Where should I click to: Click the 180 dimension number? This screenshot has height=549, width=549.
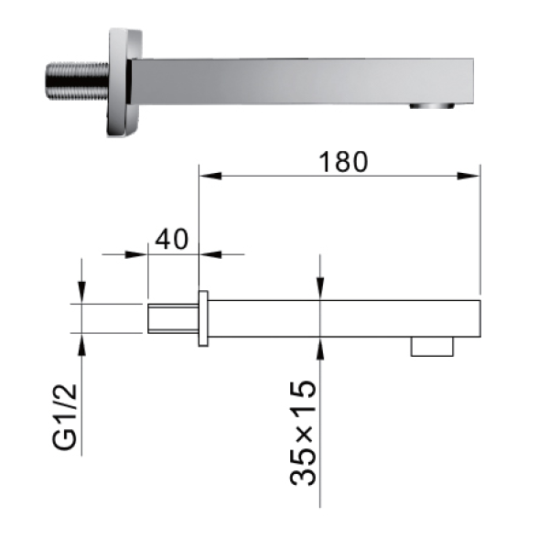[343, 162]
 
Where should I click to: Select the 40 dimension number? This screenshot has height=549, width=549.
[172, 239]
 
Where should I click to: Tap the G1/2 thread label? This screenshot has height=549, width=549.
[65, 416]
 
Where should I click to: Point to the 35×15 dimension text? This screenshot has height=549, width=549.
[303, 433]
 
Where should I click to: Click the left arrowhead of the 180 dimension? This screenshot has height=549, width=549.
[210, 176]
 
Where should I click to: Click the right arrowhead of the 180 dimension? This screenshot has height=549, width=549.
[468, 176]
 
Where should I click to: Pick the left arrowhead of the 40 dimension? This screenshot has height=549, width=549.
[136, 254]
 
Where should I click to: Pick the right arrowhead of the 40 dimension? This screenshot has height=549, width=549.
[210, 254]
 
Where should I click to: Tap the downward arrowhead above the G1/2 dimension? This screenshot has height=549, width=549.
[81, 293]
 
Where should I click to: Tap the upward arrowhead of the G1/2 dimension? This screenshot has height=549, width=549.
[81, 345]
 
